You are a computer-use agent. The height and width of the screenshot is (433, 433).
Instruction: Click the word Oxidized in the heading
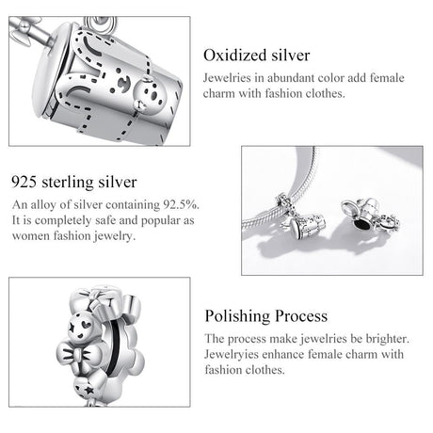click(235, 56)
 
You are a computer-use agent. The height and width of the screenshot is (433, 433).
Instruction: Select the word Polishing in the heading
click(237, 316)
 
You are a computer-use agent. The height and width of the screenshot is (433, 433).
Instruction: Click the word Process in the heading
click(301, 316)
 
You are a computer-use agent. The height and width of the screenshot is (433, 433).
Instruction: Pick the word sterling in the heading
click(67, 183)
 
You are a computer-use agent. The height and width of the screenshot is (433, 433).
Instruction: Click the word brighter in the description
click(388, 339)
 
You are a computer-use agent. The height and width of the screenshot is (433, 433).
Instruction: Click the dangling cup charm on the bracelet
click(307, 225)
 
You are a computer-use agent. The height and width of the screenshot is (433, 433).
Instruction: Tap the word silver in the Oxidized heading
click(291, 56)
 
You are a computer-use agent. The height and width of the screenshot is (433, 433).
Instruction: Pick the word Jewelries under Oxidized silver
click(227, 78)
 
